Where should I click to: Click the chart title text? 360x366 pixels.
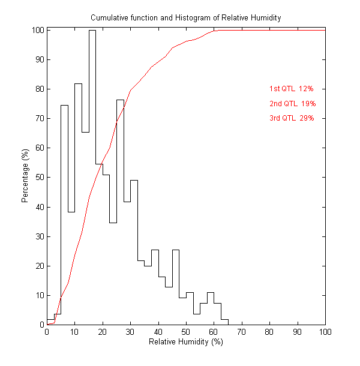[x=185, y=18]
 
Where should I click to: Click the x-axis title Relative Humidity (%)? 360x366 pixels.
[x=185, y=342]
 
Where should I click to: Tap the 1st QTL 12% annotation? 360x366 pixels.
[x=292, y=89]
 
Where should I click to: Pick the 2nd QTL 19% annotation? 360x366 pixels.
[x=292, y=104]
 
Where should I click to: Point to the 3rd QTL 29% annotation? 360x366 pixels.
[x=292, y=118]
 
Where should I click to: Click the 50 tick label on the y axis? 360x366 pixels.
[x=38, y=178]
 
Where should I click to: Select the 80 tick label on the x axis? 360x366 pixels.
[x=269, y=332]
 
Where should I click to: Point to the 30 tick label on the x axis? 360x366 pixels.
[x=130, y=332]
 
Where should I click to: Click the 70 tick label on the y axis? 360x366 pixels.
[x=38, y=119]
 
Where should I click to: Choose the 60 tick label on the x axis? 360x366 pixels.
[x=214, y=332]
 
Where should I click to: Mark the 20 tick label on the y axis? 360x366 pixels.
[x=38, y=266]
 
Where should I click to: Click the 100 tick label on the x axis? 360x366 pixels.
[x=325, y=332]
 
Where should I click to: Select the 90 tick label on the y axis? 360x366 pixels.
[x=38, y=59]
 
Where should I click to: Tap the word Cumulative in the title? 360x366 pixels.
[x=110, y=18]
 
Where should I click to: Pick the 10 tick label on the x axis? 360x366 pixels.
[x=74, y=332]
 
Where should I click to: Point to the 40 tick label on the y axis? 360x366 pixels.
[x=38, y=207]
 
